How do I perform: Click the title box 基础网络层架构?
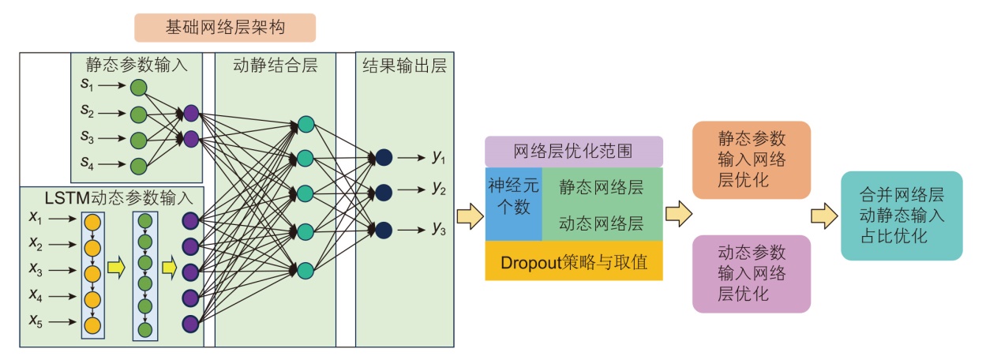click(225, 28)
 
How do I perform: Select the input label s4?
click(87, 164)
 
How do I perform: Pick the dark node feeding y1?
click(384, 156)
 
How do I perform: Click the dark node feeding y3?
click(384, 230)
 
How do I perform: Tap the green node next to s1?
click(139, 86)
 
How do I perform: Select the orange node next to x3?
click(93, 273)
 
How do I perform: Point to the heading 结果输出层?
click(404, 66)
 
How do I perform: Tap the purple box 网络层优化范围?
click(573, 151)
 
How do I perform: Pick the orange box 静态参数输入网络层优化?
click(751, 159)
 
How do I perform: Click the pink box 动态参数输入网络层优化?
click(751, 273)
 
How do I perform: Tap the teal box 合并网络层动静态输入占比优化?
click(901, 215)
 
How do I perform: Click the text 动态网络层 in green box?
click(601, 223)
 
